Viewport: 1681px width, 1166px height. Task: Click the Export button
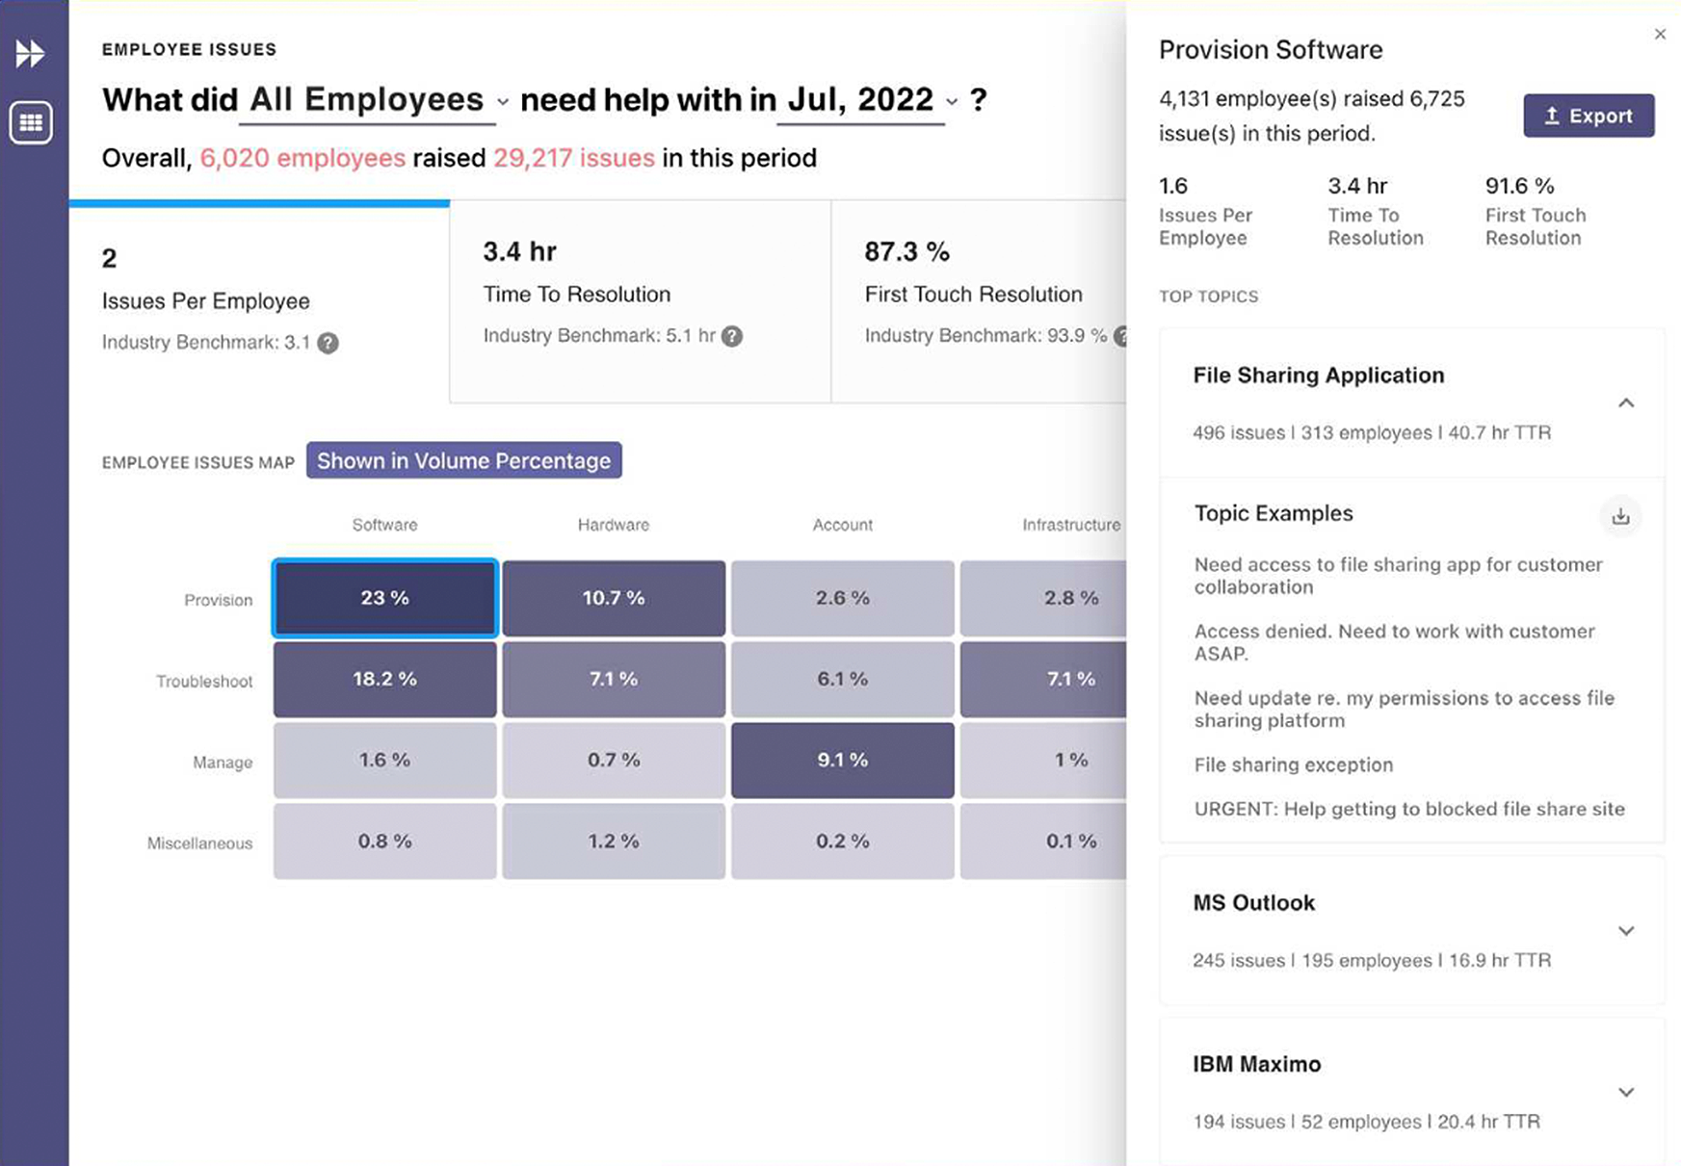tap(1588, 116)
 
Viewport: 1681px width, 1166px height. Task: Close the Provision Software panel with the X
tap(1660, 35)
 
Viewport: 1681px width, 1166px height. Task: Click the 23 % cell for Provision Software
tap(384, 598)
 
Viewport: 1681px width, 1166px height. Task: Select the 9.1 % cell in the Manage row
tap(842, 760)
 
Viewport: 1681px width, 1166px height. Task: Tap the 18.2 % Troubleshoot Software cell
tap(384, 679)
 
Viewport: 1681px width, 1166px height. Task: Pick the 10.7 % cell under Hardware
tap(613, 598)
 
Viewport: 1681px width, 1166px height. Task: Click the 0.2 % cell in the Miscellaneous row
tap(842, 841)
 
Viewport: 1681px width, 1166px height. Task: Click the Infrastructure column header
tap(1070, 525)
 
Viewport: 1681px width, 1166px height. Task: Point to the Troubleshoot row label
tap(204, 681)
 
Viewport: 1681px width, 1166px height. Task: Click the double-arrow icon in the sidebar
tap(30, 53)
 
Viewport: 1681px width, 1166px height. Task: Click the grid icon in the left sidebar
tap(31, 122)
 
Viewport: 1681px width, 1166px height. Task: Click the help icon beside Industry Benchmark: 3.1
tap(328, 343)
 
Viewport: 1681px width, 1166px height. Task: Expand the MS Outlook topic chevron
tap(1626, 931)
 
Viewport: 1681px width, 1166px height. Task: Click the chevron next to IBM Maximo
tap(1626, 1092)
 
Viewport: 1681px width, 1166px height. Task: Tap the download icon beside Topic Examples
tap(1620, 516)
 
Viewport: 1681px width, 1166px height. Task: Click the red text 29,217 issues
tap(573, 158)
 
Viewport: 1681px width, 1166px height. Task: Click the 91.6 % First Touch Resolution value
tap(1519, 186)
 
